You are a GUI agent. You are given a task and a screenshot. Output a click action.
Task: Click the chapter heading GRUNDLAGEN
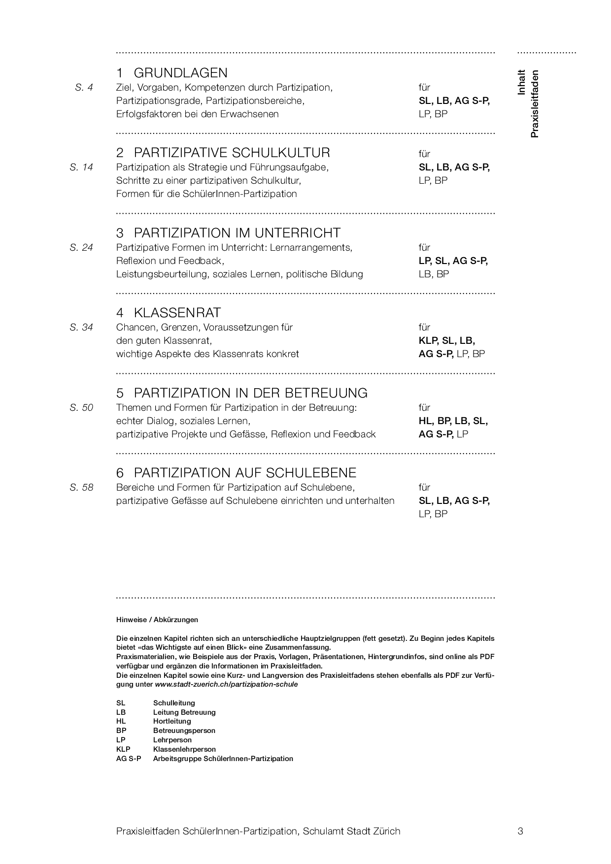coord(180,73)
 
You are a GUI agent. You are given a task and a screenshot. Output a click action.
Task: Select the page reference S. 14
coord(81,167)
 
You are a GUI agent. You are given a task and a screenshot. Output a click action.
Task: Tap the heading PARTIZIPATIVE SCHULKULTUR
coord(232,153)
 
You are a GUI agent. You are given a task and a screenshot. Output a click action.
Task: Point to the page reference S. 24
coord(81,248)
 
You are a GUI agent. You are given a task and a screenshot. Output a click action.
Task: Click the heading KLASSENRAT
coord(177,313)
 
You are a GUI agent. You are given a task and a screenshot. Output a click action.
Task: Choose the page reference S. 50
coord(81,408)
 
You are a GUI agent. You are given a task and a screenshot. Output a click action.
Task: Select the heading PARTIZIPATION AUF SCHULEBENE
coord(245,473)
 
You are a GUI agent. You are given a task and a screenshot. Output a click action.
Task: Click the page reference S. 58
coord(81,488)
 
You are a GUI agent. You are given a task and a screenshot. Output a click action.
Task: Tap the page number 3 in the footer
coord(520,831)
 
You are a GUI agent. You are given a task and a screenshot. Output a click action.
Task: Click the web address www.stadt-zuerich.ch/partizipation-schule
coord(226,685)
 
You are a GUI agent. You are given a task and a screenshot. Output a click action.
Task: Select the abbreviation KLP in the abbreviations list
coord(123,749)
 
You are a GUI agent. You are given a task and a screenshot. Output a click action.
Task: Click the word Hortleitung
coord(172,721)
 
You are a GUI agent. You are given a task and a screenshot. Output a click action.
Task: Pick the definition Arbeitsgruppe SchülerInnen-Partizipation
coord(223,759)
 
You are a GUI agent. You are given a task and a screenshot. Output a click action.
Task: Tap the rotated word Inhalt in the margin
coord(522,82)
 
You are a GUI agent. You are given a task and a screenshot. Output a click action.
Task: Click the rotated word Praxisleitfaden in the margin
coord(535,104)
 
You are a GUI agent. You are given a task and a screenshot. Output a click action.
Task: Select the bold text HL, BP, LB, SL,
coord(453,421)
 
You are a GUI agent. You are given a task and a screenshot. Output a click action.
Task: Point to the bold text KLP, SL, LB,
coord(447,341)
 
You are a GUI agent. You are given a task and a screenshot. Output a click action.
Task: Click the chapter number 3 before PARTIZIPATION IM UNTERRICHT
coord(120,233)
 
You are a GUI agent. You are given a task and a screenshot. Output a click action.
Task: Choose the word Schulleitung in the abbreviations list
coord(174,703)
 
